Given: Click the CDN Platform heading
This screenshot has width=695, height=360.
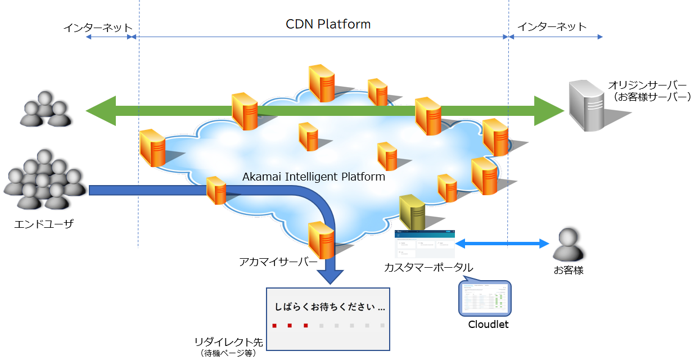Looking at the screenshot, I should [x=328, y=25].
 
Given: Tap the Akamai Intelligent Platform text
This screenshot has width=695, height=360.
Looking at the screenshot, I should [x=313, y=177].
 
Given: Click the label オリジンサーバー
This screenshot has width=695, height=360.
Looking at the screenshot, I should [x=647, y=85].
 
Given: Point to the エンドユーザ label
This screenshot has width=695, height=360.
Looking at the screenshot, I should [x=44, y=225].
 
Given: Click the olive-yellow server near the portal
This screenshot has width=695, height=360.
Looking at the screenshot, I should [x=412, y=213].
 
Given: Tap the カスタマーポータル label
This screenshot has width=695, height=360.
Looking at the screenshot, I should [x=428, y=268].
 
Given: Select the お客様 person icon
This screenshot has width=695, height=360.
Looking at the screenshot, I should [x=568, y=245].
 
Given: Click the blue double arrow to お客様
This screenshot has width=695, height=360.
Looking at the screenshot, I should [x=502, y=244].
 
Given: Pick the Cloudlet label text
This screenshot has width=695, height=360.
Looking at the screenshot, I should [x=488, y=325].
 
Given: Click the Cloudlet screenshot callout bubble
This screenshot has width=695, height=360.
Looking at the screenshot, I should [x=485, y=298].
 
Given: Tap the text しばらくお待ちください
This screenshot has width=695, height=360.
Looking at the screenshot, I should [x=330, y=308].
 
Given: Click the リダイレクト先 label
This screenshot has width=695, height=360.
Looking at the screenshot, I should [x=228, y=342].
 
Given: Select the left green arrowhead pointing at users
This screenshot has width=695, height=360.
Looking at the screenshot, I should [x=101, y=110].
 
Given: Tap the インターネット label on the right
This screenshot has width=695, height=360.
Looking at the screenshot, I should [x=552, y=26].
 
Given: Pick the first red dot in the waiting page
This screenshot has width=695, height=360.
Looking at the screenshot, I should [x=274, y=325].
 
